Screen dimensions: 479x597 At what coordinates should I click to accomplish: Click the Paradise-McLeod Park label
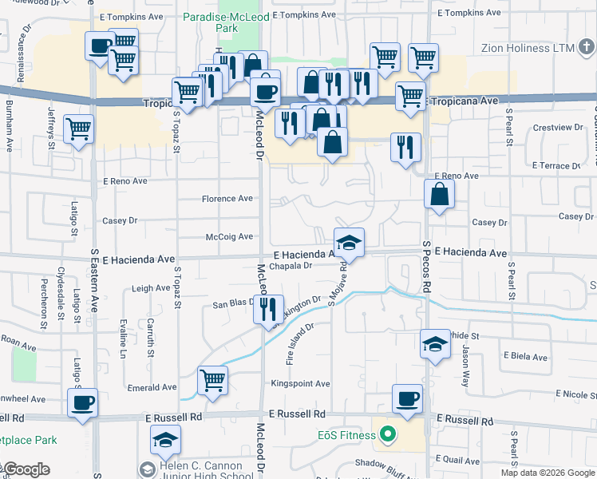click(x=210, y=22)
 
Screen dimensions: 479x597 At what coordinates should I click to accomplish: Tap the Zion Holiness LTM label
click(x=528, y=48)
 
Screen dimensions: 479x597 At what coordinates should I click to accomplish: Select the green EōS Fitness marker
click(x=388, y=435)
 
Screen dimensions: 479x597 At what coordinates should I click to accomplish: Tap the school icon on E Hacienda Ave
click(x=349, y=242)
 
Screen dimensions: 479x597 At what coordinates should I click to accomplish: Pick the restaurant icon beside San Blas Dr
click(x=268, y=308)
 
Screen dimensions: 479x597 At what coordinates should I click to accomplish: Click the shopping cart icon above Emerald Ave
click(x=212, y=380)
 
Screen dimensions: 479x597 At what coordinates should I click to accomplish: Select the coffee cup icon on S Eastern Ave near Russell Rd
click(x=82, y=402)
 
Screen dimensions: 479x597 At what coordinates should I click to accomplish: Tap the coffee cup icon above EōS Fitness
click(x=407, y=398)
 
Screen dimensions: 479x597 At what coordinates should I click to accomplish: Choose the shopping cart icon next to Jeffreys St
click(x=78, y=129)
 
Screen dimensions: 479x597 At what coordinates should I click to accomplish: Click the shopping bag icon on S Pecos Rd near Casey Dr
click(x=439, y=194)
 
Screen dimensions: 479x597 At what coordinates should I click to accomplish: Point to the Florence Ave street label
click(x=227, y=199)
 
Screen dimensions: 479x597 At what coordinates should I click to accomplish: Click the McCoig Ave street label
click(x=229, y=237)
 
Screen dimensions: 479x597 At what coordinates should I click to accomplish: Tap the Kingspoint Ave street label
click(x=300, y=384)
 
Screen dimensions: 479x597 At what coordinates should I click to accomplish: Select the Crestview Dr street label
click(x=558, y=128)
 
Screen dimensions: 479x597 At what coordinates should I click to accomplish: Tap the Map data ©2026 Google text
click(x=547, y=473)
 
